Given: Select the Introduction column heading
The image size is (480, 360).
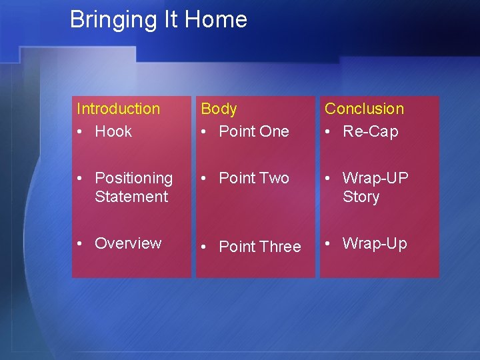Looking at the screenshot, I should pyautogui.click(x=119, y=109).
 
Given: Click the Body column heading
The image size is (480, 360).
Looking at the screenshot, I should pyautogui.click(x=219, y=109).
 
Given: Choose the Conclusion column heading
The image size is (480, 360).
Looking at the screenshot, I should pyautogui.click(x=364, y=109).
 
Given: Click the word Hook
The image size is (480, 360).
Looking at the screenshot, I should pyautogui.click(x=113, y=131).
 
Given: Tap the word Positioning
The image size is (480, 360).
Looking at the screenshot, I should pyautogui.click(x=133, y=178).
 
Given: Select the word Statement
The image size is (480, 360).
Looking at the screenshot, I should pyautogui.click(x=131, y=197).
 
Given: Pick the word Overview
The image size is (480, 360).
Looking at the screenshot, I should pyautogui.click(x=128, y=243).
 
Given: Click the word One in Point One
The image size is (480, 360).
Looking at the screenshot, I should pyautogui.click(x=275, y=131).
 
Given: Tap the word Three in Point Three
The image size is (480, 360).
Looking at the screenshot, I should pyautogui.click(x=281, y=247).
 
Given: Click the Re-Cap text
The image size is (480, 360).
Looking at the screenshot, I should pyautogui.click(x=370, y=131).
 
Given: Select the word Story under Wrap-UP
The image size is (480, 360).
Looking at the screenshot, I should pyautogui.click(x=361, y=197).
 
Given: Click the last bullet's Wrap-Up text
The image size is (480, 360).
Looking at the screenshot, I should pyautogui.click(x=374, y=243).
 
